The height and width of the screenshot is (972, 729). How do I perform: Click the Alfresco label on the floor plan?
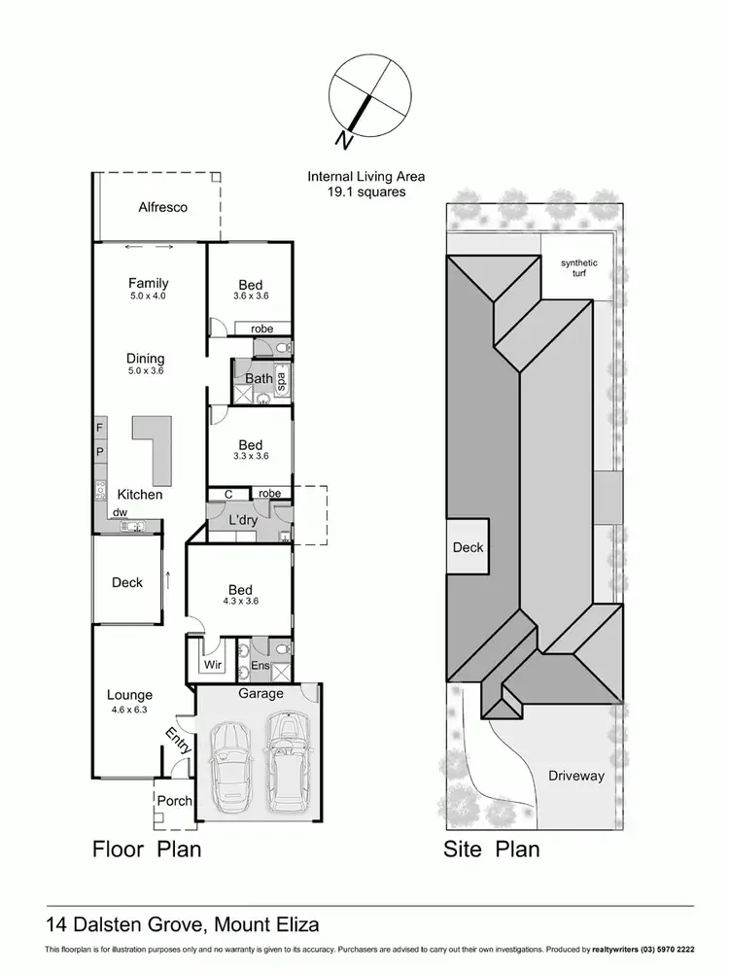click(162, 207)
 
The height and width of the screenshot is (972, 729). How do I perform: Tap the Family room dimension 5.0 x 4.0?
click(148, 295)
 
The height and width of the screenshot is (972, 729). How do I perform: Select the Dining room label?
click(146, 359)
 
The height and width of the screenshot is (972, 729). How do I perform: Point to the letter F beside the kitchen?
click(99, 428)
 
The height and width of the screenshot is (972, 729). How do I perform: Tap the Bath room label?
click(259, 378)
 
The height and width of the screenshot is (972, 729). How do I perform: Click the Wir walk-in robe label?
click(213, 666)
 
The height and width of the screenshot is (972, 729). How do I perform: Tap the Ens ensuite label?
click(260, 666)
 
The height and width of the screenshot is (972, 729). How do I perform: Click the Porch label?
click(175, 801)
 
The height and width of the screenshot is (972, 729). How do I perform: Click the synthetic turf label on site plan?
click(579, 269)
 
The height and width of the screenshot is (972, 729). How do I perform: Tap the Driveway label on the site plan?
click(575, 776)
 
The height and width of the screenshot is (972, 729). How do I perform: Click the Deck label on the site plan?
click(468, 547)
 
